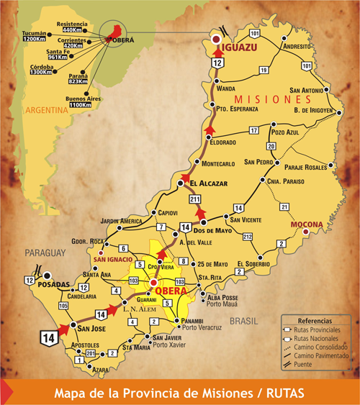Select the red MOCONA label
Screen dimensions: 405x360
tap(305, 224)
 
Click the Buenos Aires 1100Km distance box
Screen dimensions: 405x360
tap(80, 101)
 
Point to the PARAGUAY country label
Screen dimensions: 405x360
tap(45, 252)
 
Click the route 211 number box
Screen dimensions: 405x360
tap(193, 199)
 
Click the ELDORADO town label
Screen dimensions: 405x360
tap(226, 143)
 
